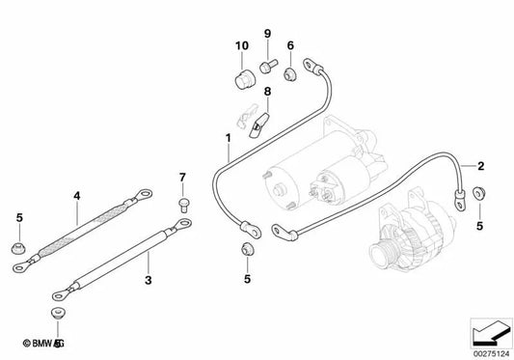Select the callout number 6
tap(289, 45)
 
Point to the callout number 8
tap(268, 92)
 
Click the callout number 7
tap(180, 177)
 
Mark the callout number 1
tap(228, 137)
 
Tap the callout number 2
tap(481, 165)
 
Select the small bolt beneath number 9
tap(268, 65)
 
